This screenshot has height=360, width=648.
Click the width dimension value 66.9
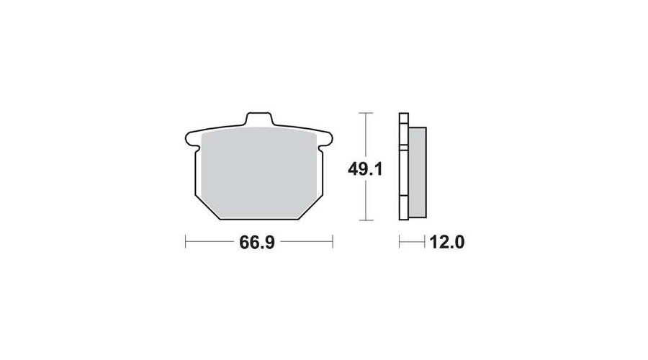pyautogui.click(x=256, y=243)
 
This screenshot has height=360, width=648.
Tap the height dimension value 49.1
pyautogui.click(x=365, y=169)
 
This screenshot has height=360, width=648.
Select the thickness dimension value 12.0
pyautogui.click(x=447, y=242)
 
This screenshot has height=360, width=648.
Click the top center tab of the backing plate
pyautogui.click(x=259, y=118)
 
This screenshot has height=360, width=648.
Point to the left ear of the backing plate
pyautogui.click(x=192, y=138)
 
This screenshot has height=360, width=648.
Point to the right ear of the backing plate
pyautogui.click(x=325, y=138)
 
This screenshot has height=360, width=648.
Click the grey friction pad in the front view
pyautogui.click(x=258, y=171)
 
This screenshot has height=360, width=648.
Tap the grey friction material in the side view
pyautogui.click(x=418, y=172)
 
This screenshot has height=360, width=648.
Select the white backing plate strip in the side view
pyautogui.click(x=403, y=166)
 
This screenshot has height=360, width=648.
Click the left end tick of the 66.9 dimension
pyautogui.click(x=186, y=241)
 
